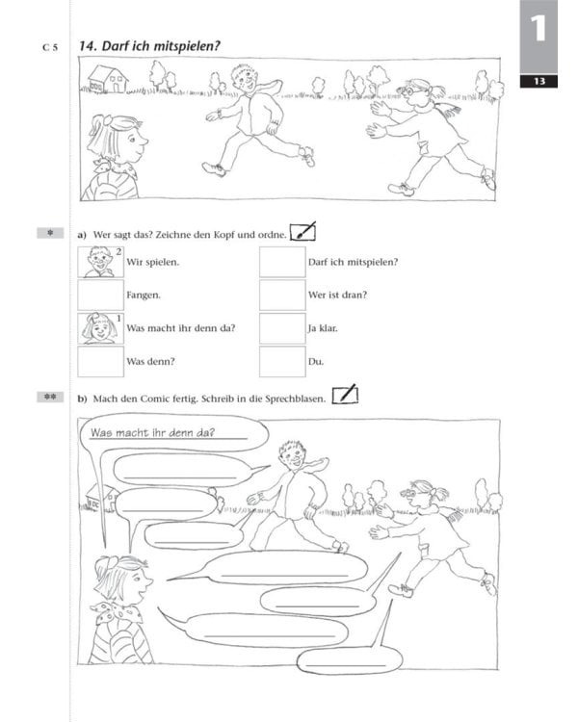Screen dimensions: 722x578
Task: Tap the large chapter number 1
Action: tap(539, 29)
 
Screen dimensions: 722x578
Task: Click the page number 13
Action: tap(539, 81)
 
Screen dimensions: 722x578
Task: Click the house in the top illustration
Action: tap(108, 78)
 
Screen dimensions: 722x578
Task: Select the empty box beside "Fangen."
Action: tap(99, 295)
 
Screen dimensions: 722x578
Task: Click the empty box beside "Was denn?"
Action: tap(99, 361)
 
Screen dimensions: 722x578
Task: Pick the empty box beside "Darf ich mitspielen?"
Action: tap(281, 262)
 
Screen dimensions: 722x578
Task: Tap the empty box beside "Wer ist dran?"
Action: tap(281, 295)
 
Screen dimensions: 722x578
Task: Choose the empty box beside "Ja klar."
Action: tap(281, 328)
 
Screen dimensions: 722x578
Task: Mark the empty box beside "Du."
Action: tap(281, 361)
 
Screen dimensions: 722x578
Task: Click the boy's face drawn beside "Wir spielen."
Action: tap(97, 262)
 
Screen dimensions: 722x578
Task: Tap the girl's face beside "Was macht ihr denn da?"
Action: tap(97, 328)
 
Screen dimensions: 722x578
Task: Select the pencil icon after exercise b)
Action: tap(344, 395)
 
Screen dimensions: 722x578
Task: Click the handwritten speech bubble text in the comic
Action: tap(152, 432)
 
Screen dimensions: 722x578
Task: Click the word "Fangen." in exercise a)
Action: tap(144, 296)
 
